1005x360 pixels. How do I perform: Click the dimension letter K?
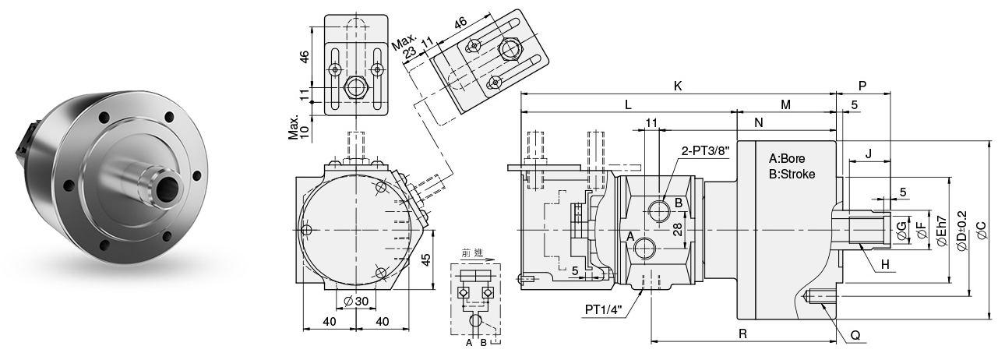678,86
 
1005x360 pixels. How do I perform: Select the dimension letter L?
628,104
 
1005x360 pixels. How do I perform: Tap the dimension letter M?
785,104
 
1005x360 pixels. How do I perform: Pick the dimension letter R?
742,333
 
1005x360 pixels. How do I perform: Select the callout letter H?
885,265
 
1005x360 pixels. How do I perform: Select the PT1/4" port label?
604,309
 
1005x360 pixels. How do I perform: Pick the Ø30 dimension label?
357,302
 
